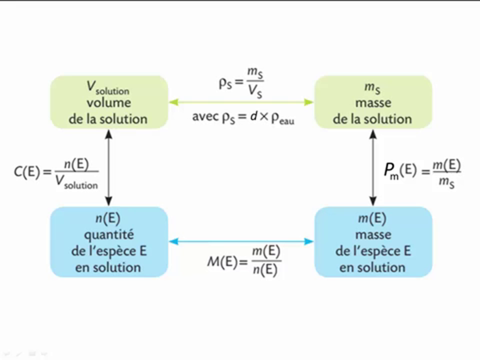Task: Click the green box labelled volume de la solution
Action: point(108,102)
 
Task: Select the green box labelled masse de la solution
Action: point(372,102)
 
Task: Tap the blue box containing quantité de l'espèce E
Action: point(108,242)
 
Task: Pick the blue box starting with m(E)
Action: point(372,242)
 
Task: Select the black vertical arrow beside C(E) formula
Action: point(108,167)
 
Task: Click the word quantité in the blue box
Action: point(108,234)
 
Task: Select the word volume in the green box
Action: point(108,103)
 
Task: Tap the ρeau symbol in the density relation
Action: point(282,120)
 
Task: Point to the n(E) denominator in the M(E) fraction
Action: point(265,270)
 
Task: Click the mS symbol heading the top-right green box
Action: point(372,87)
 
